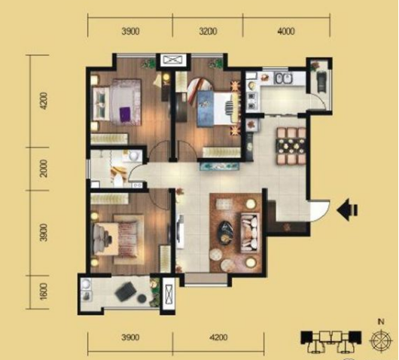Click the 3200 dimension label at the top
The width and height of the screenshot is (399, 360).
[x=208, y=32]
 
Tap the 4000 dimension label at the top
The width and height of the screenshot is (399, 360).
[x=286, y=32]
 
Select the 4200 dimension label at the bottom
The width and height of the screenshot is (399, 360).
[x=218, y=337]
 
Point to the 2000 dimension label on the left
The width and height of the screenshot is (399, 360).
[x=44, y=168]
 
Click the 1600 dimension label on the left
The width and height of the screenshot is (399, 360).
[x=44, y=291]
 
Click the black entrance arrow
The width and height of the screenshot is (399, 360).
[x=347, y=210]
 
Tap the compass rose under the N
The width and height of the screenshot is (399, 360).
[x=381, y=340]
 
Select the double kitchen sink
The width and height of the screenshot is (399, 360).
[x=283, y=78]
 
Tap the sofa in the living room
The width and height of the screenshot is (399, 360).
[x=250, y=233]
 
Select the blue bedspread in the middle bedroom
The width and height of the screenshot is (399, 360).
[x=206, y=108]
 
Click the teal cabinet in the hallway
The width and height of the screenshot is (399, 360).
[x=220, y=166]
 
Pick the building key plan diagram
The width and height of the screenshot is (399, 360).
[x=330, y=341]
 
